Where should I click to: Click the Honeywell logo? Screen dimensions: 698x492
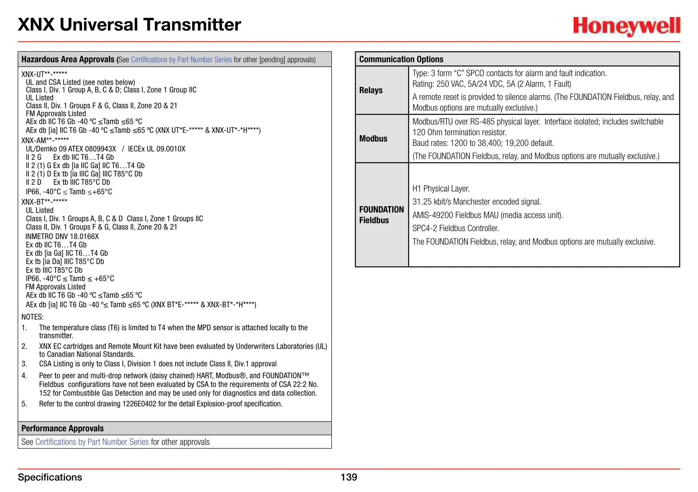point(626,26)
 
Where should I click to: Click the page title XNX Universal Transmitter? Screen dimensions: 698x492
point(130,25)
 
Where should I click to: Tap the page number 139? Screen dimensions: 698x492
point(349,477)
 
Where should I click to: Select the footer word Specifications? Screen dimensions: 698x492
point(50,477)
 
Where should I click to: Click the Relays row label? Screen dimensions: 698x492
point(371,90)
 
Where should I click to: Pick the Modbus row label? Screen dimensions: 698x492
point(373,139)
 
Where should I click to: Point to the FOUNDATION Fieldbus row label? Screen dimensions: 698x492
point(381,215)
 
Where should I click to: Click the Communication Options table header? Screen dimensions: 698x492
point(401,59)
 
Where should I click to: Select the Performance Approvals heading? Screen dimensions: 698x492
point(63,429)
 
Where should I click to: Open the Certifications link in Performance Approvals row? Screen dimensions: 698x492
point(92,442)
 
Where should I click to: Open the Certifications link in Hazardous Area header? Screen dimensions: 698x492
point(181,60)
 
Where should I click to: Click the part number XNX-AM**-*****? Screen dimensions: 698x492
point(45,140)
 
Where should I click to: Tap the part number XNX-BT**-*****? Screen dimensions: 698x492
point(44,201)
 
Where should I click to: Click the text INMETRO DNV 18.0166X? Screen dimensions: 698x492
point(62,237)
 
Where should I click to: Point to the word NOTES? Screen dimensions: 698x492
point(32,317)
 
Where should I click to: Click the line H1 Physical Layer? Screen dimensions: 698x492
point(441,189)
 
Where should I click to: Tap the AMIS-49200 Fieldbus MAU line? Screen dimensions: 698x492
point(488,215)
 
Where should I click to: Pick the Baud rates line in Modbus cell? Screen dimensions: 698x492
point(483,143)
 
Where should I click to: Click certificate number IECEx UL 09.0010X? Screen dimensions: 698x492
point(156,149)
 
